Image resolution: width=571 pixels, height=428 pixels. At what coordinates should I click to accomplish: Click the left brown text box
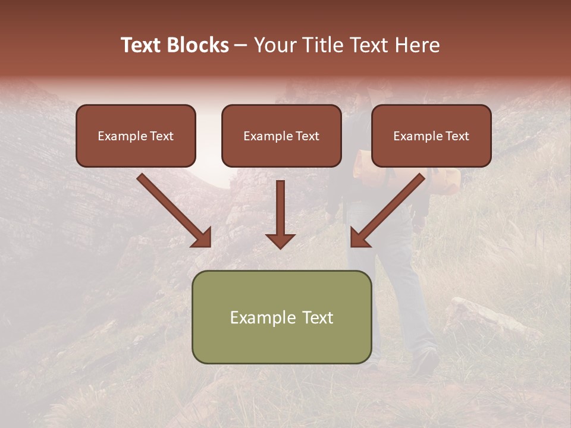click(136, 136)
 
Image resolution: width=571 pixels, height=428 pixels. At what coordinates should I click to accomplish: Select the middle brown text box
click(281, 136)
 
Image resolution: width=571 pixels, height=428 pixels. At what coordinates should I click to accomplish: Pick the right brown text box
click(431, 136)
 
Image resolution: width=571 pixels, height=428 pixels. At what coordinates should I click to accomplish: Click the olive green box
click(281, 317)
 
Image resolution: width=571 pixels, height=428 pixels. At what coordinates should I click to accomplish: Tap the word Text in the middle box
click(308, 136)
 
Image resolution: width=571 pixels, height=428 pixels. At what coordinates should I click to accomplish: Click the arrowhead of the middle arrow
click(280, 240)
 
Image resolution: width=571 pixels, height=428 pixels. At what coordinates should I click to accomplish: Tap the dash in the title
click(241, 45)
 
